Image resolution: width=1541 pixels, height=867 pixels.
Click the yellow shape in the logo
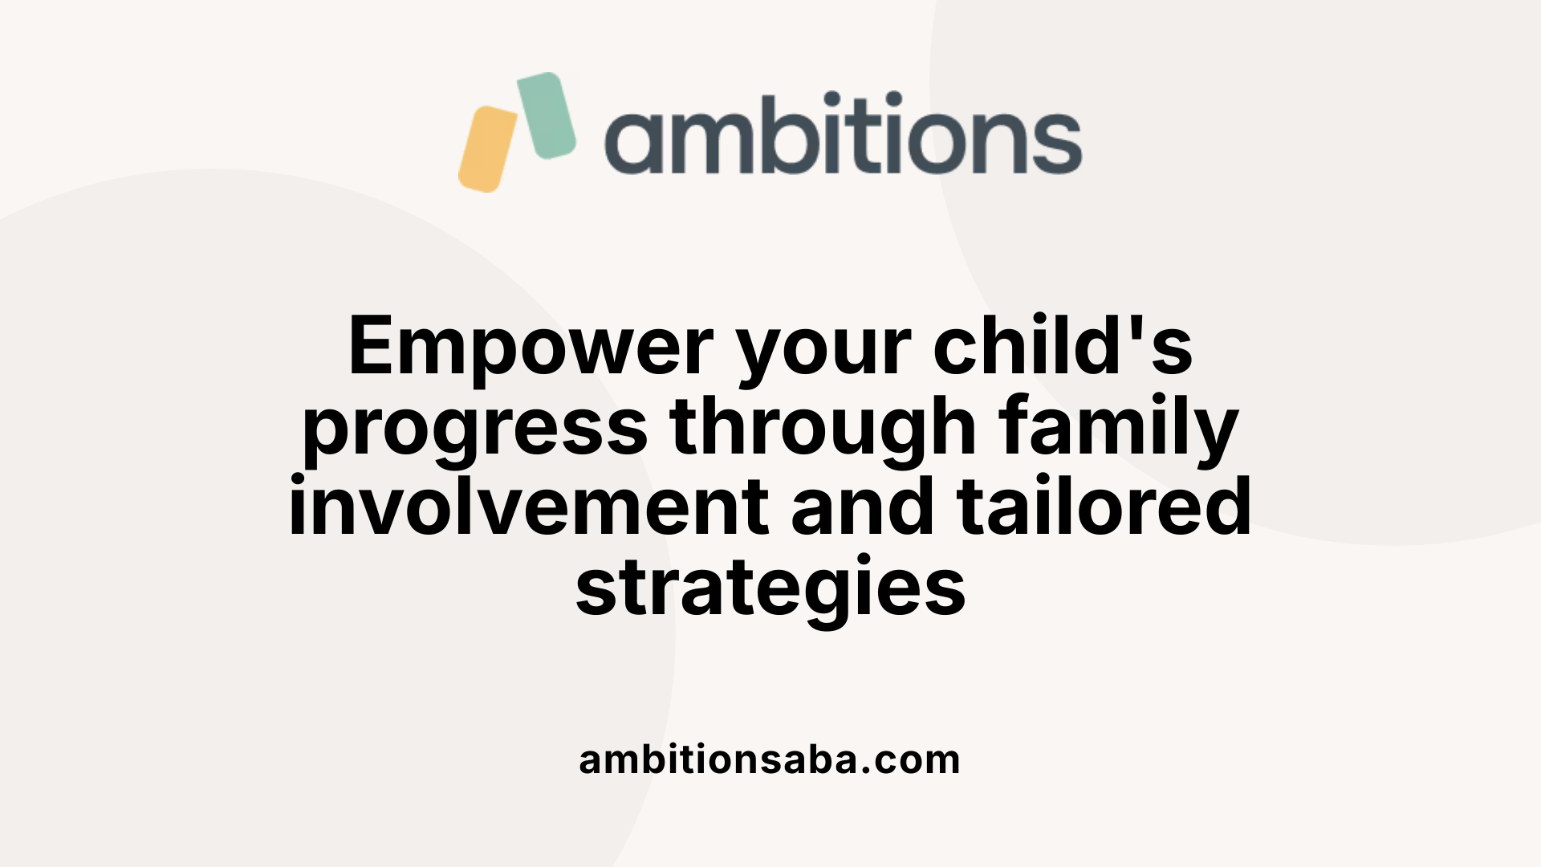488,149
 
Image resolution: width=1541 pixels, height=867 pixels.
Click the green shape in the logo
547,115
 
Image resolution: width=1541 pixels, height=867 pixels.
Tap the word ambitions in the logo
843,134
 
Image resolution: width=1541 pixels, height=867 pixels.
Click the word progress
475,429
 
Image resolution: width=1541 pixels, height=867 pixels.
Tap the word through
823,429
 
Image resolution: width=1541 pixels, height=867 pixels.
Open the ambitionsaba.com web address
769,759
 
